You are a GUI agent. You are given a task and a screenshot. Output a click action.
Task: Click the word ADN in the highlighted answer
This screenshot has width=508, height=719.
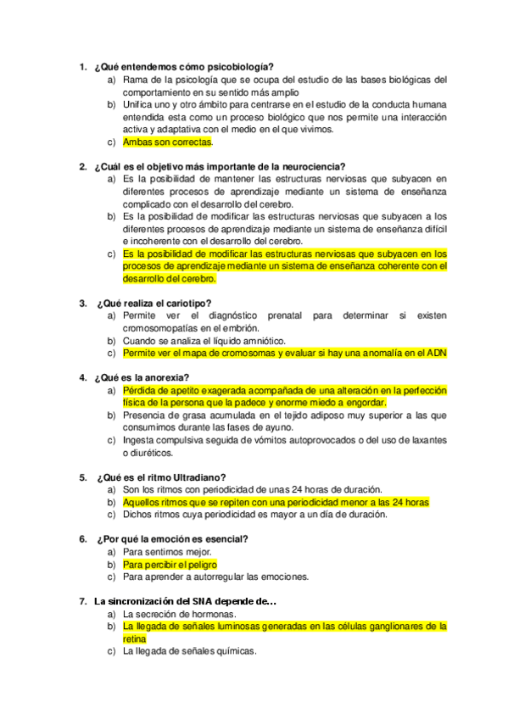point(435,353)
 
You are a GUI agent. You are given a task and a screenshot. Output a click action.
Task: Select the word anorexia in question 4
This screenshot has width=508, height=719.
point(166,377)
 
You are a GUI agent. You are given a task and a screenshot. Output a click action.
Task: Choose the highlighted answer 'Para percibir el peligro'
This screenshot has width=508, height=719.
point(170,564)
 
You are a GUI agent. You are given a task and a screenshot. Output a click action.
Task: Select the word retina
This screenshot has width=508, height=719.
point(134,638)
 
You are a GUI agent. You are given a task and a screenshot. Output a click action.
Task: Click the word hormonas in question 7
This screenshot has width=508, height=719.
point(214,614)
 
